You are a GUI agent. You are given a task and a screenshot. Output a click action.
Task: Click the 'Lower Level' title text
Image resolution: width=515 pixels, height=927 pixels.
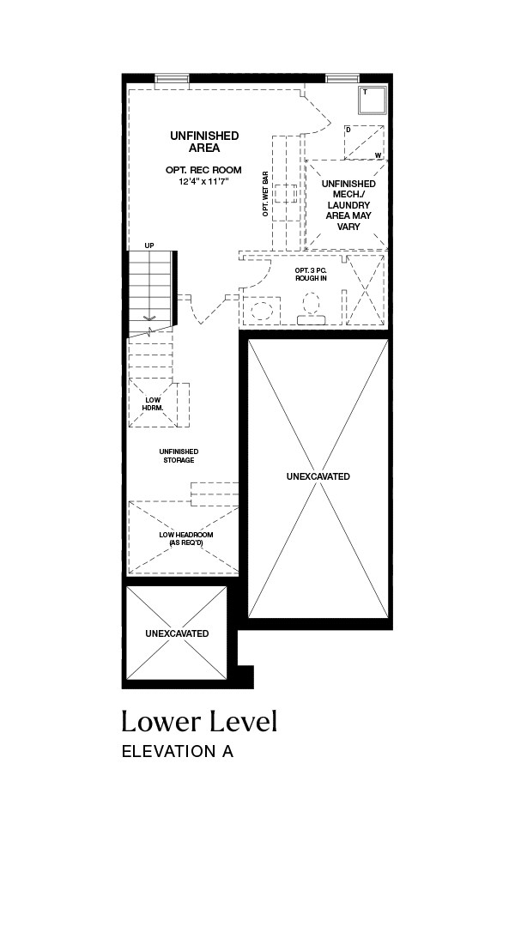(199, 721)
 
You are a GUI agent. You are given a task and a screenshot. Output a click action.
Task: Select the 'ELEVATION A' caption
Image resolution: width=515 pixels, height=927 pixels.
(178, 751)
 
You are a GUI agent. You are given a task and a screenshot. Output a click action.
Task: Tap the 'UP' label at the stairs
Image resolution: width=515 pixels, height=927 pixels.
(149, 245)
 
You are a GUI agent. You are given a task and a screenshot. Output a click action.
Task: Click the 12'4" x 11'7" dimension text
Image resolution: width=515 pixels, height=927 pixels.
(203, 181)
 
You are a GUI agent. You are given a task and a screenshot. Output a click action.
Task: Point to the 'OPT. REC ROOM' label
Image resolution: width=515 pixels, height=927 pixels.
(203, 170)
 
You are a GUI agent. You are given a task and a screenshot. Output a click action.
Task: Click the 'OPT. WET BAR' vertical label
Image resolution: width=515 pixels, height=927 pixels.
(265, 194)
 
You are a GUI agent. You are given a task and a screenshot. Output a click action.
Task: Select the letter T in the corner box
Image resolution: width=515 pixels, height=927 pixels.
(365, 92)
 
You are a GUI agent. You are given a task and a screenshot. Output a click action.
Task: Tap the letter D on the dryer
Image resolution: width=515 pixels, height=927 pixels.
(348, 129)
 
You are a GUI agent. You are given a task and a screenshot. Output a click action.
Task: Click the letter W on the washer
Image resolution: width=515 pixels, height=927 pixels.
(377, 155)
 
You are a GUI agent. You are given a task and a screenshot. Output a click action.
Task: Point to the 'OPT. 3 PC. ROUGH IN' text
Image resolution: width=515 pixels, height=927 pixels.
(311, 274)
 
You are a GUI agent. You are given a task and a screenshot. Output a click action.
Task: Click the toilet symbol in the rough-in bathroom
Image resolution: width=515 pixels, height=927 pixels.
(311, 310)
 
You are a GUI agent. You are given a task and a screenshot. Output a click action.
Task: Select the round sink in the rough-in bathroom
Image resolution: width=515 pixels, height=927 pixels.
(261, 311)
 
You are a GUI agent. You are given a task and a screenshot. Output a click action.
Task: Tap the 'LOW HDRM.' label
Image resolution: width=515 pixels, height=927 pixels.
(153, 403)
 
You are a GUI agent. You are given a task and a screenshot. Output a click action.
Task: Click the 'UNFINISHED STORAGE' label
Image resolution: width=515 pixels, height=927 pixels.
(179, 456)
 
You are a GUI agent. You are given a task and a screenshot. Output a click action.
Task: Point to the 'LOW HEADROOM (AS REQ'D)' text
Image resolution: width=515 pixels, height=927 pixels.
(186, 538)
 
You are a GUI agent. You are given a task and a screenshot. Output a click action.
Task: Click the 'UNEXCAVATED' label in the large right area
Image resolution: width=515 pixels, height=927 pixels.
(318, 476)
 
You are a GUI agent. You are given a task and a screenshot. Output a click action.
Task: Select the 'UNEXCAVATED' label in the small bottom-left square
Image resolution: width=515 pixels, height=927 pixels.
(177, 633)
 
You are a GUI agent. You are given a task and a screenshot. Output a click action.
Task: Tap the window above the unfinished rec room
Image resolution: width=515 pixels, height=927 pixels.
(172, 78)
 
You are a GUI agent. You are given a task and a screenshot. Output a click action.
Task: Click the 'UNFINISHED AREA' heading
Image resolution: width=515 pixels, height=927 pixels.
(204, 142)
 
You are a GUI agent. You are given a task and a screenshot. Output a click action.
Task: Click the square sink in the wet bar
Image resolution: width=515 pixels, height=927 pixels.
(287, 194)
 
